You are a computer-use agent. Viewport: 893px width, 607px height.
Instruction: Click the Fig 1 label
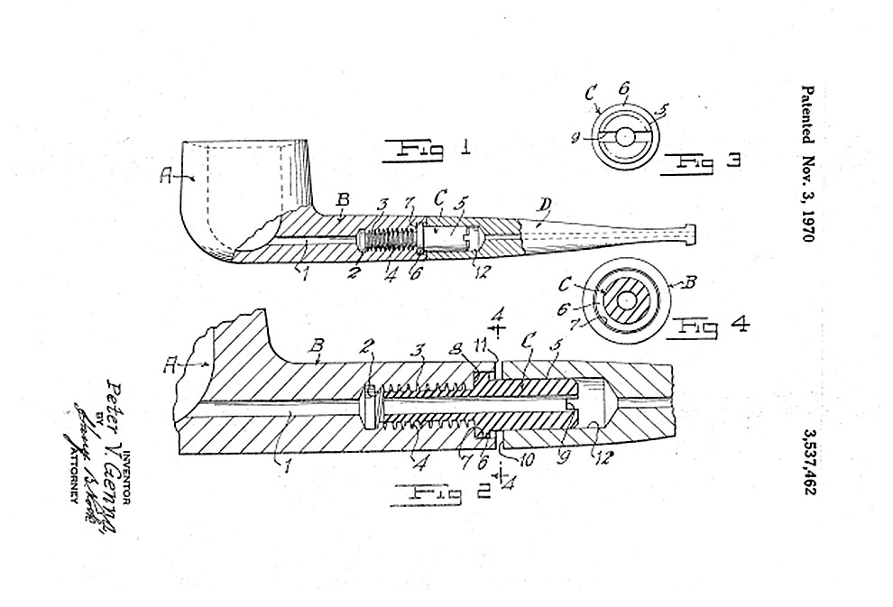(x=425, y=149)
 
